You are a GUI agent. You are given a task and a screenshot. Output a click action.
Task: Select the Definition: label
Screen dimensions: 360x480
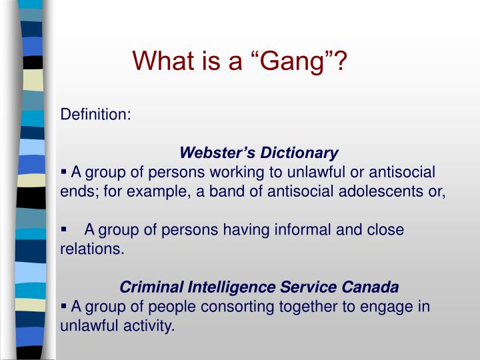coord(96,114)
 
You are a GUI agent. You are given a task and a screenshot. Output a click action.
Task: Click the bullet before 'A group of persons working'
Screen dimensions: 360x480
coord(64,171)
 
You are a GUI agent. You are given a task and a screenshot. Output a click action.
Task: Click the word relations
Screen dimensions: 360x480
coord(92,249)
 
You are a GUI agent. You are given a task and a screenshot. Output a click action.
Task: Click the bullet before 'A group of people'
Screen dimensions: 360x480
coord(64,305)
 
